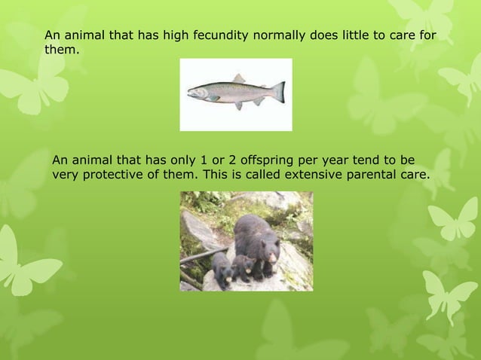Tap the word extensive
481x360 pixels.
click(x=320, y=175)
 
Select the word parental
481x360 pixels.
click(x=375, y=175)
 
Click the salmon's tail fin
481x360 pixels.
click(x=278, y=92)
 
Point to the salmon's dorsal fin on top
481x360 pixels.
click(x=239, y=79)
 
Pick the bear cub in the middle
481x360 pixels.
click(x=242, y=267)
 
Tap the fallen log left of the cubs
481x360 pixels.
click(x=198, y=256)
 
